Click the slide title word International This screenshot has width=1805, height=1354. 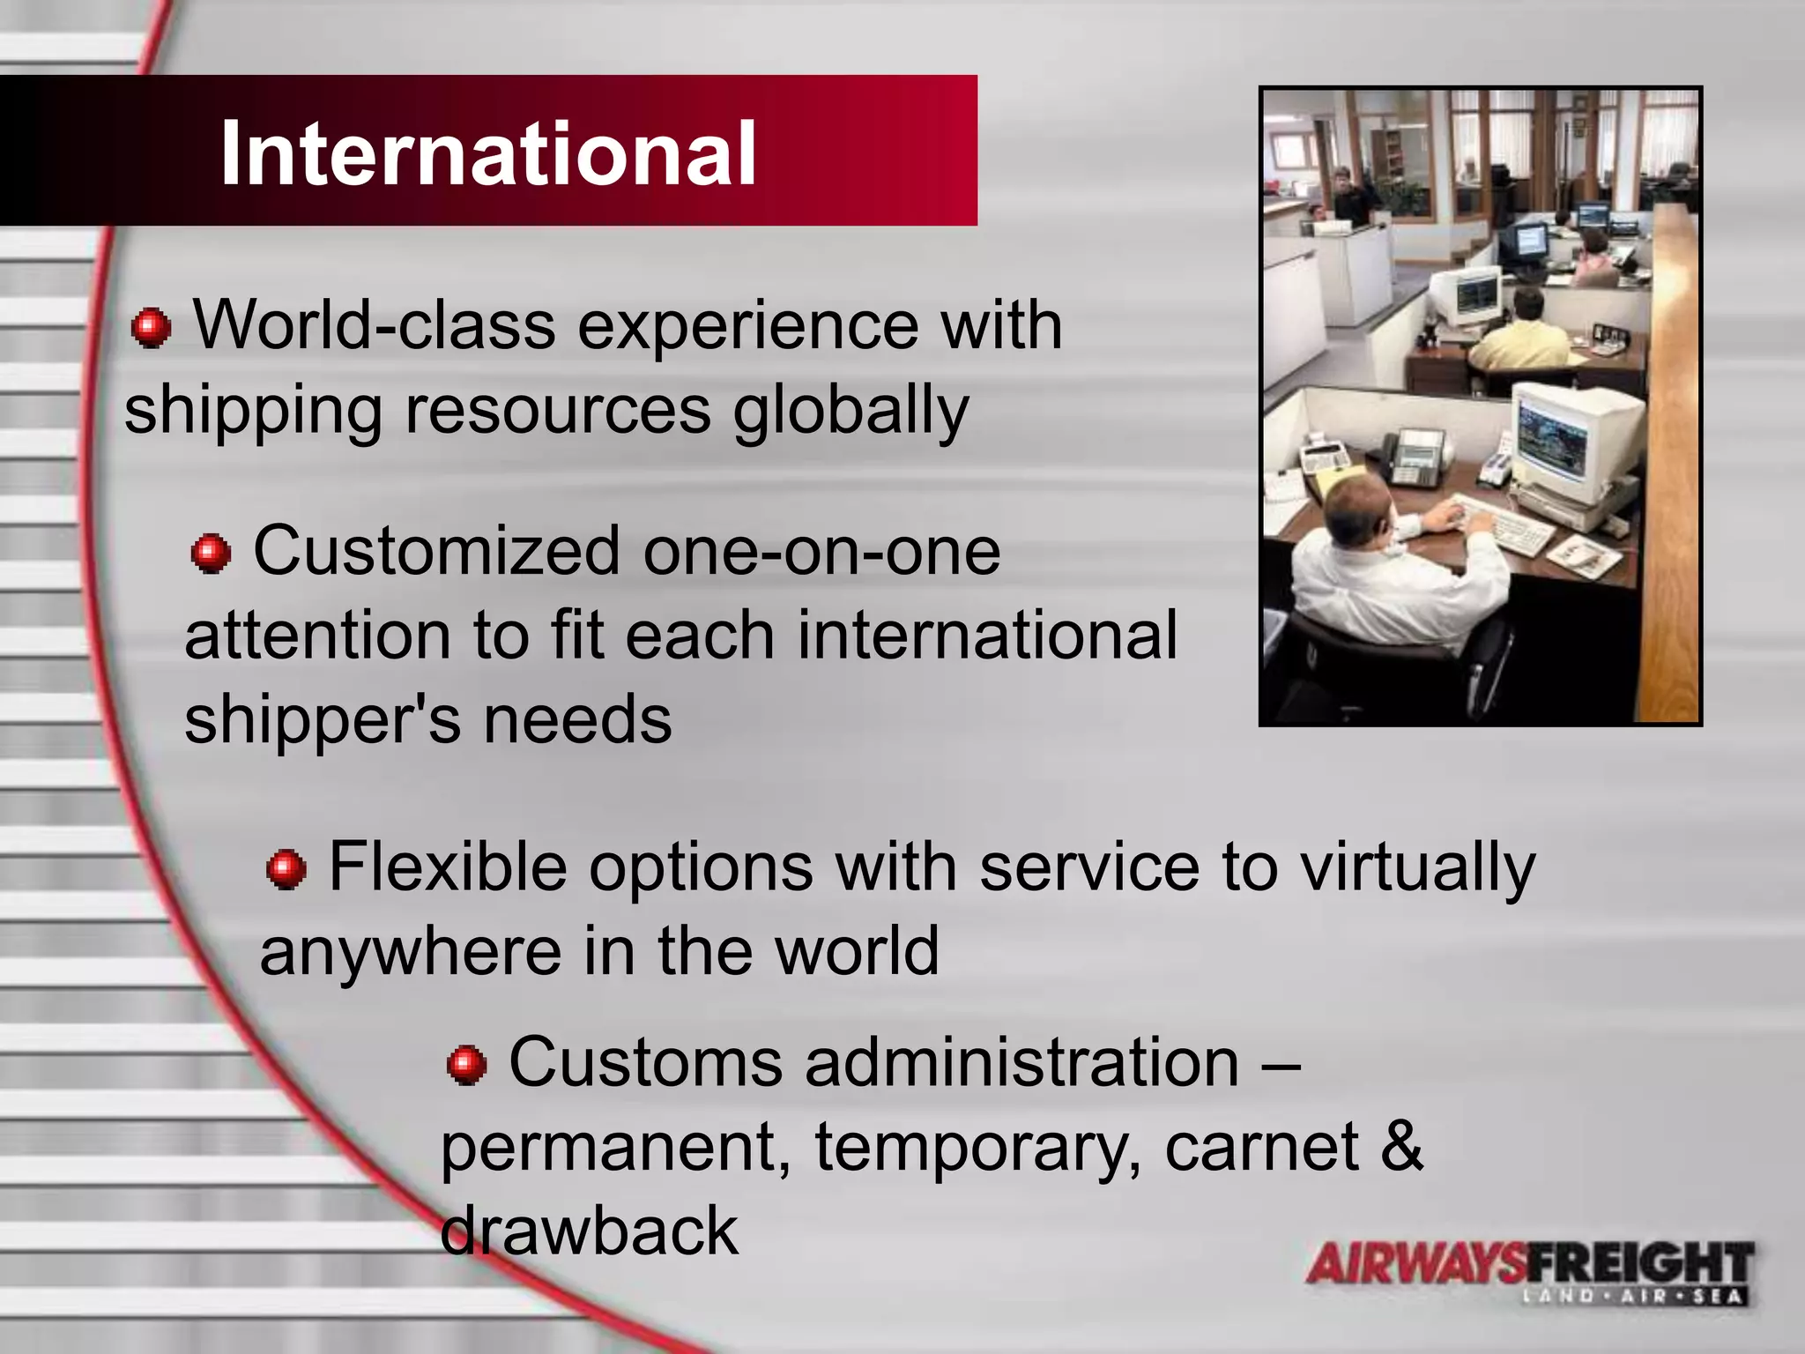[488, 154]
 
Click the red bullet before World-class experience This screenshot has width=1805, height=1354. [151, 328]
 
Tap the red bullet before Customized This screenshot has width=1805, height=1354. [211, 554]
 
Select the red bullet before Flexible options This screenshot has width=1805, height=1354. [286, 869]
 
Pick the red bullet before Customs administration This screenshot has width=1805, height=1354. [467, 1065]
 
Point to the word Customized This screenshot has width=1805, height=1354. [436, 552]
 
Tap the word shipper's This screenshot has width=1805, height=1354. [323, 719]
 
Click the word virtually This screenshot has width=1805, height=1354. [1418, 868]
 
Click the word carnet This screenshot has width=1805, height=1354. [1261, 1148]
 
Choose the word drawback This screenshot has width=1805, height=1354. [589, 1231]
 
